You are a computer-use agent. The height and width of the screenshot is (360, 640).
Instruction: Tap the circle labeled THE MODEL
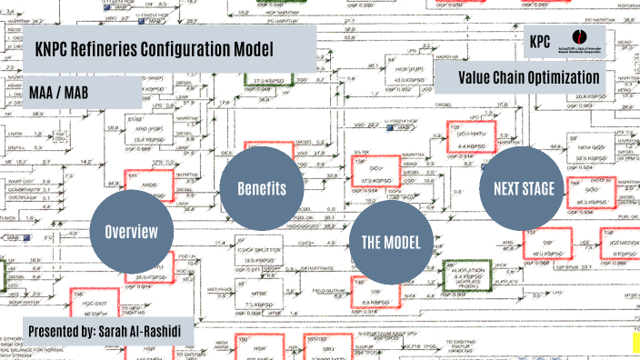tap(391, 241)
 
